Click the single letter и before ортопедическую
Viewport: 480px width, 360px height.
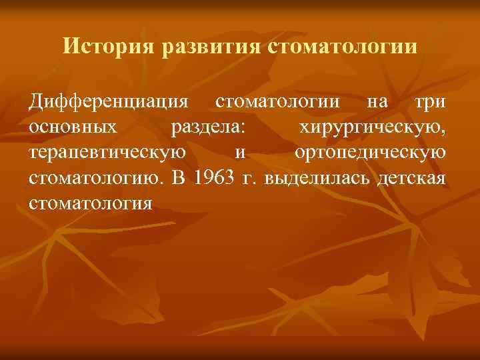[240, 153]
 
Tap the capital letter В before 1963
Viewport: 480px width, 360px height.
[177, 178]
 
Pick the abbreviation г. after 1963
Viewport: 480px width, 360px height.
[251, 178]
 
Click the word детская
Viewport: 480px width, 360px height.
[411, 178]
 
